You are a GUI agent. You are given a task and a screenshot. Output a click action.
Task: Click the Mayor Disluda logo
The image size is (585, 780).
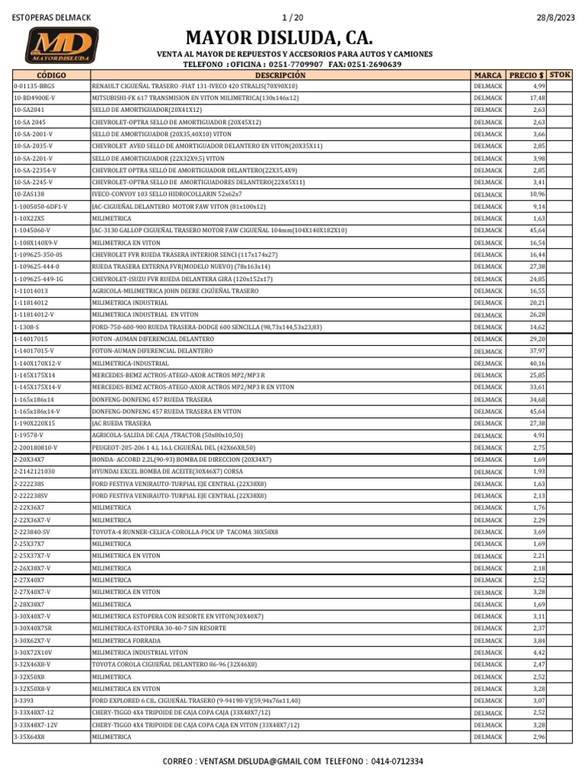point(63,45)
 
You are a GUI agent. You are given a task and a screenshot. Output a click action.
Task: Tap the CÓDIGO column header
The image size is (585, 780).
point(51,75)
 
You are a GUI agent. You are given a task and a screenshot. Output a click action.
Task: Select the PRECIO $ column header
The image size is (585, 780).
point(526,75)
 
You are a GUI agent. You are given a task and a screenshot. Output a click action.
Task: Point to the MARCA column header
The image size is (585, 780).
point(487,75)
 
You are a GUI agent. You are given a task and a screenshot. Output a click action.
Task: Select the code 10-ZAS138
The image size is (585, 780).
point(30,194)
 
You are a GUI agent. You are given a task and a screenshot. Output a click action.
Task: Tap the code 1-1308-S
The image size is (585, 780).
point(28,327)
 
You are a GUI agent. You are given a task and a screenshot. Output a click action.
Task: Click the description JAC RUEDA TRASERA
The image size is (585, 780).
point(122,423)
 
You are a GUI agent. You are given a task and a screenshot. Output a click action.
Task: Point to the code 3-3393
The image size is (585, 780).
point(24,700)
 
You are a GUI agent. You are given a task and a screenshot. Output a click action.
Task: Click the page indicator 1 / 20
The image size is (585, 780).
point(292,18)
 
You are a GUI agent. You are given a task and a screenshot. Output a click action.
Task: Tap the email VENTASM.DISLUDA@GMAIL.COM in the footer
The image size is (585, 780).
point(258,761)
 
